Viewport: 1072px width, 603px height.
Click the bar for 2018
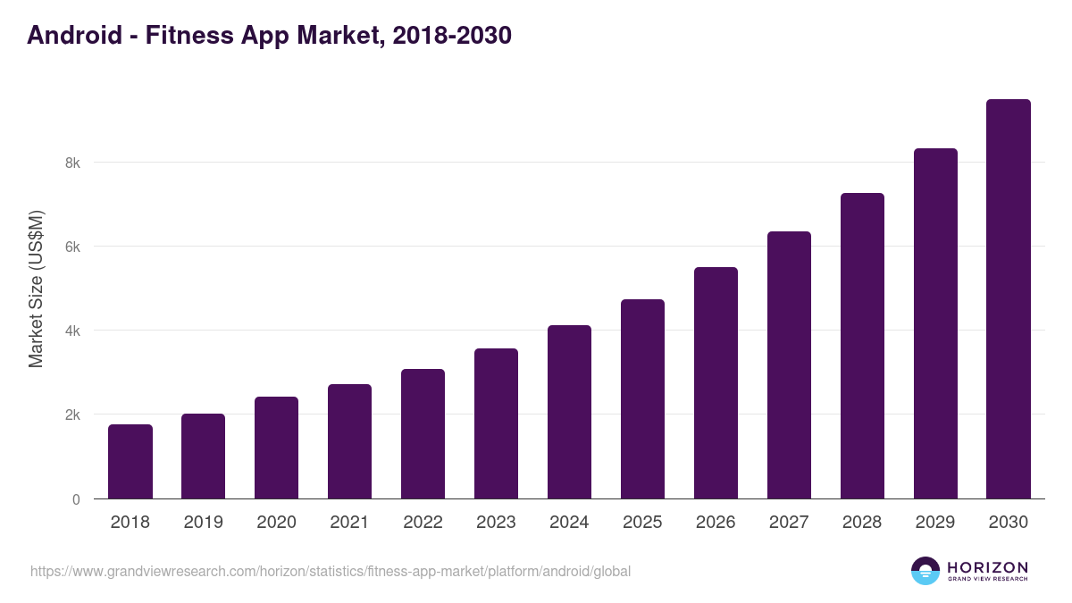pos(130,462)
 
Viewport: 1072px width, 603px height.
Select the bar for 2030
pos(1009,299)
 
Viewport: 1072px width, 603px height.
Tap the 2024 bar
pos(569,412)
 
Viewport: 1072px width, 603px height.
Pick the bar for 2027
pos(789,365)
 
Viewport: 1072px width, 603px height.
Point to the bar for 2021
pos(349,441)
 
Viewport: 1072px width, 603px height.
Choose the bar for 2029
pos(935,323)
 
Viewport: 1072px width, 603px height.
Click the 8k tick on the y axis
pos(72,163)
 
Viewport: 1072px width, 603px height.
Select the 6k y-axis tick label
pos(72,247)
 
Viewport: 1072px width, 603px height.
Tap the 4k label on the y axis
pos(72,331)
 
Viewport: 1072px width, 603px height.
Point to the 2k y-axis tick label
pos(72,415)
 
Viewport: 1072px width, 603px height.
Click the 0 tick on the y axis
pos(76,499)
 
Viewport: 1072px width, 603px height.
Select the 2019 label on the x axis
pos(203,523)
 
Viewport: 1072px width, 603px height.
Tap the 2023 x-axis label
pos(496,523)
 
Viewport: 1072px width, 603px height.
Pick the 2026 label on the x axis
pos(716,523)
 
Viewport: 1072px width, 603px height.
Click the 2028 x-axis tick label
pos(862,523)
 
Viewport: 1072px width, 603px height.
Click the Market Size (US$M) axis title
pos(36,289)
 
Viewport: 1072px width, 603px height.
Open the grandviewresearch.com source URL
pos(331,571)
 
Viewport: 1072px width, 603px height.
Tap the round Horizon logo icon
pos(925,571)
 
